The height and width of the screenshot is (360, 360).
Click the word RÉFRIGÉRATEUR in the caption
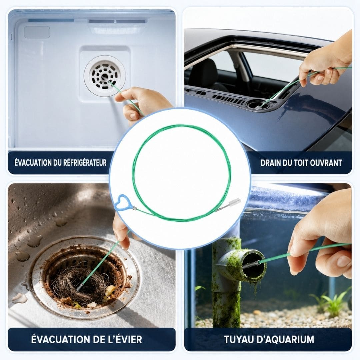click(x=85, y=163)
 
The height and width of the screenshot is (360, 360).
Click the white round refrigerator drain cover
click(x=105, y=76)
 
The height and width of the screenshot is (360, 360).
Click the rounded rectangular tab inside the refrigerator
click(x=37, y=32)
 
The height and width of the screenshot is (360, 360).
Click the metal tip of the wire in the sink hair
click(x=80, y=287)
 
